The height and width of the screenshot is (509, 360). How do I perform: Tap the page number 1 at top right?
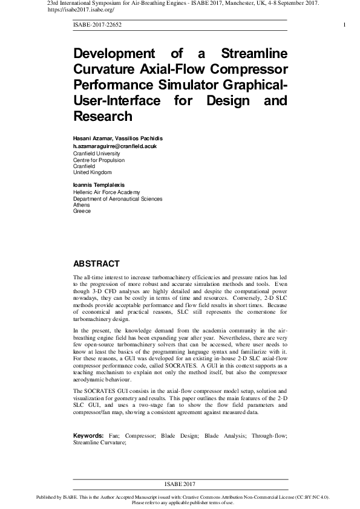click(344, 24)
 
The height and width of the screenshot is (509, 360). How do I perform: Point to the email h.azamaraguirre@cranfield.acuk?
click(115, 146)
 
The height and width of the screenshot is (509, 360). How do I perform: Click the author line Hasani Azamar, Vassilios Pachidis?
click(118, 138)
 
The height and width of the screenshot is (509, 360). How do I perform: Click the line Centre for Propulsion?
click(99, 160)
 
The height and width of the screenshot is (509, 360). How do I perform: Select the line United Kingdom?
click(93, 173)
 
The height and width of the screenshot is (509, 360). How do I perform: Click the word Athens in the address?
click(82, 205)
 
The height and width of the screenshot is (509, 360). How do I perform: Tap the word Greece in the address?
click(82, 212)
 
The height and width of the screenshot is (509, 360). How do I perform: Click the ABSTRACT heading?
click(96, 264)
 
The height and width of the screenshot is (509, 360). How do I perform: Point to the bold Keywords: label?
click(89, 435)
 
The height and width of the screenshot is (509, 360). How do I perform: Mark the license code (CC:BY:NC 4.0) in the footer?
click(309, 497)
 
